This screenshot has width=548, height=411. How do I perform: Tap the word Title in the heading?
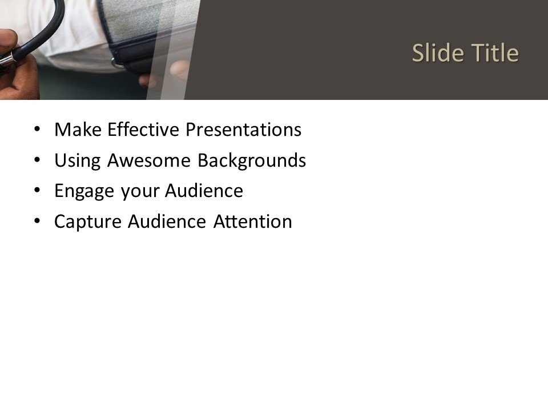[x=494, y=53]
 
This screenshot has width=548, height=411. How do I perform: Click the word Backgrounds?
[x=251, y=161]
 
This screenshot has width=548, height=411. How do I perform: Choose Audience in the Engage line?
[x=204, y=191]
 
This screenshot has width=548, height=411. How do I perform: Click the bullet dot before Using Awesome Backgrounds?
[x=38, y=161]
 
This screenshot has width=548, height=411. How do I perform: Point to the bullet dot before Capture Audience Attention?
[x=38, y=221]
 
